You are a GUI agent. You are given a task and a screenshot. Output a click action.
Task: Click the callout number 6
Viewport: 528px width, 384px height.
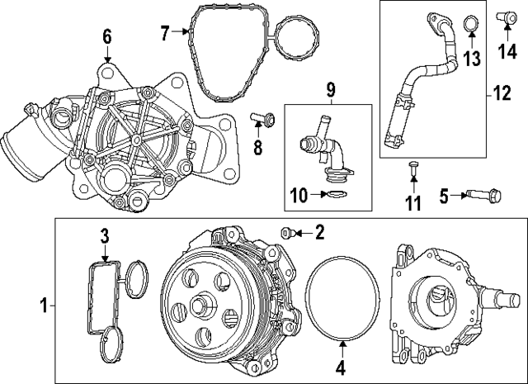click(x=107, y=36)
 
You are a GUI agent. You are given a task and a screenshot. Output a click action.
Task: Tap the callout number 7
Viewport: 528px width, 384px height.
click(x=165, y=33)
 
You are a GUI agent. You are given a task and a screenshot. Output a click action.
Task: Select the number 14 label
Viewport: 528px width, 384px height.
click(x=507, y=51)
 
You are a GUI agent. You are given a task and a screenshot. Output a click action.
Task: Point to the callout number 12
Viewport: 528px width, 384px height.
click(x=502, y=92)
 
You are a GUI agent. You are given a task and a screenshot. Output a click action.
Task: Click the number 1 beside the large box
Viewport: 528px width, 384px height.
click(x=44, y=305)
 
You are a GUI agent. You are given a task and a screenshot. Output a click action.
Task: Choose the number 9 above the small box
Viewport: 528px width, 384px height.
click(x=331, y=89)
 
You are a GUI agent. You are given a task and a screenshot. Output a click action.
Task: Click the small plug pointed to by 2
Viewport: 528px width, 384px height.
click(x=287, y=233)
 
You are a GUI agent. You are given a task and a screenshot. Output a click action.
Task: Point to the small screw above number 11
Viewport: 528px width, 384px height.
click(x=413, y=167)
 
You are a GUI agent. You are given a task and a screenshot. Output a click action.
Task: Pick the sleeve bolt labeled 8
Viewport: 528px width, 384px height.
click(x=262, y=120)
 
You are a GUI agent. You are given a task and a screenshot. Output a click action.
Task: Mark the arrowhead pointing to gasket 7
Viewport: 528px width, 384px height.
click(x=186, y=31)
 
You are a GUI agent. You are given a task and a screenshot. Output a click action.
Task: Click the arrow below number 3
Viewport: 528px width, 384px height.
click(x=106, y=254)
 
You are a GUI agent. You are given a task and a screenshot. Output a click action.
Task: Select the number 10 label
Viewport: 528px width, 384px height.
click(x=299, y=195)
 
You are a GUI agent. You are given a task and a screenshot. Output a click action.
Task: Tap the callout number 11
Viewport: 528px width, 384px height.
click(x=413, y=203)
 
